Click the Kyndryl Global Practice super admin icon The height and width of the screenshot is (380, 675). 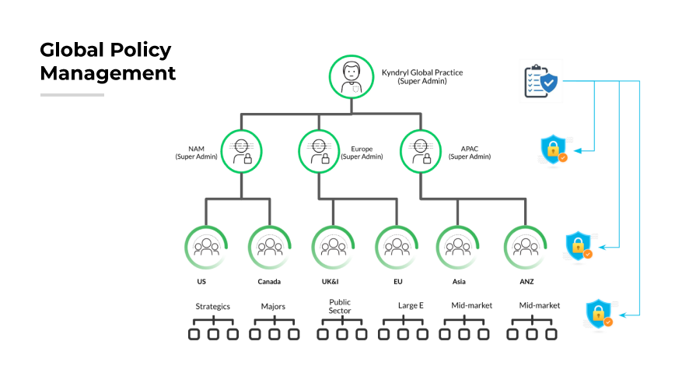click(x=352, y=76)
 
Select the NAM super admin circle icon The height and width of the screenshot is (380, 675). click(x=242, y=150)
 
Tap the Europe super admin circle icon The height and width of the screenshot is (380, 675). click(x=320, y=150)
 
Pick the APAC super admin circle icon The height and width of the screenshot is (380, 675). click(x=421, y=150)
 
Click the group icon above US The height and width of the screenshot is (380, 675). click(x=206, y=247)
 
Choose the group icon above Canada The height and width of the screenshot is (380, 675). click(x=270, y=247)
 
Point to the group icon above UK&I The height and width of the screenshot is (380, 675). click(x=333, y=247)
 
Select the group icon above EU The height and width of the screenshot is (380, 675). click(x=397, y=247)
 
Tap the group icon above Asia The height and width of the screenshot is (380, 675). click(x=458, y=247)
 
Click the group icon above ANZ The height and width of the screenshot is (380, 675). click(x=526, y=247)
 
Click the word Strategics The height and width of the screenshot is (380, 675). click(x=212, y=306)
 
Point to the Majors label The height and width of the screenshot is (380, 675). click(x=273, y=306)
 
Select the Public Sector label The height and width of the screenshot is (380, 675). click(x=340, y=305)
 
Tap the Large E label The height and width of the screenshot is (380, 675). click(x=411, y=306)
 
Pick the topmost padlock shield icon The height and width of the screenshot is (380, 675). click(x=553, y=150)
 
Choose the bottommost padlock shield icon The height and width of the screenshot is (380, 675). click(x=598, y=313)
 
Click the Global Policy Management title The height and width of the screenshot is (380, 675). click(x=107, y=62)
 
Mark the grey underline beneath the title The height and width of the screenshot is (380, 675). click(x=72, y=95)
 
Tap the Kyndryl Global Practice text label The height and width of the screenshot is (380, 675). click(x=421, y=76)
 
